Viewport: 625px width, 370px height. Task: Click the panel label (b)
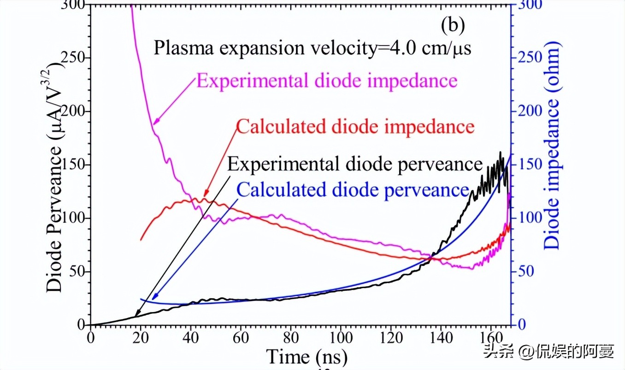pos(452,26)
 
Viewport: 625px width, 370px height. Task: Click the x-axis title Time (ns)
pos(307,357)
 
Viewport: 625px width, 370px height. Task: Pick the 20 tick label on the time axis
pos(141,335)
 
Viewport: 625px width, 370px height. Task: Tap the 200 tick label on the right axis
pos(526,112)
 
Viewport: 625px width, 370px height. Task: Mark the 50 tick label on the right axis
pos(524,272)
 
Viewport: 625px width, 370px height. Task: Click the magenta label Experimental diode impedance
pos(327,81)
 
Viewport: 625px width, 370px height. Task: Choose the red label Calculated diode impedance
pos(355,127)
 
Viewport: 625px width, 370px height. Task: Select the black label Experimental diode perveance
pos(355,164)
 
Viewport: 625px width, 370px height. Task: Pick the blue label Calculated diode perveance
pos(353,190)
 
